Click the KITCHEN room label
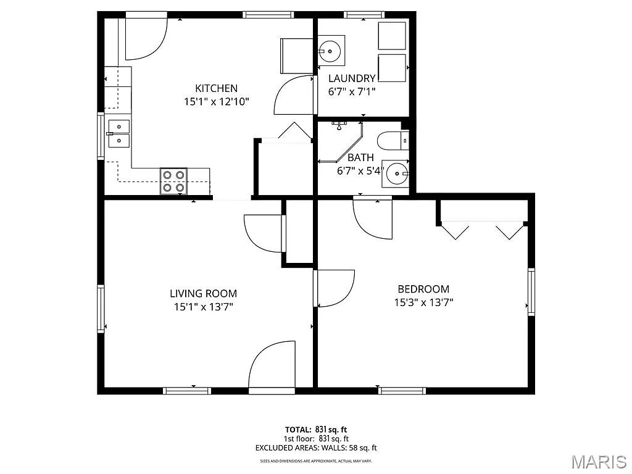click(216, 88)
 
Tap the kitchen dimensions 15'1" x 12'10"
click(216, 102)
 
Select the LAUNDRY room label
click(352, 78)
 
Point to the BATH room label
click(360, 158)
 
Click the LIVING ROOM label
click(203, 294)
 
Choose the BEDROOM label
click(423, 289)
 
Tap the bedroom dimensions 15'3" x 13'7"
click(423, 302)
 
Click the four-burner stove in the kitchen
click(173, 181)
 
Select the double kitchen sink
click(118, 134)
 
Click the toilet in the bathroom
click(391, 141)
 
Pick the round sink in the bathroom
click(395, 175)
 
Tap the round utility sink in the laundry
click(331, 51)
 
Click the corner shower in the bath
click(339, 142)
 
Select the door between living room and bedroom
click(333, 288)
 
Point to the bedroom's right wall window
click(530, 292)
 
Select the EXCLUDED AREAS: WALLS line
click(315, 448)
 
